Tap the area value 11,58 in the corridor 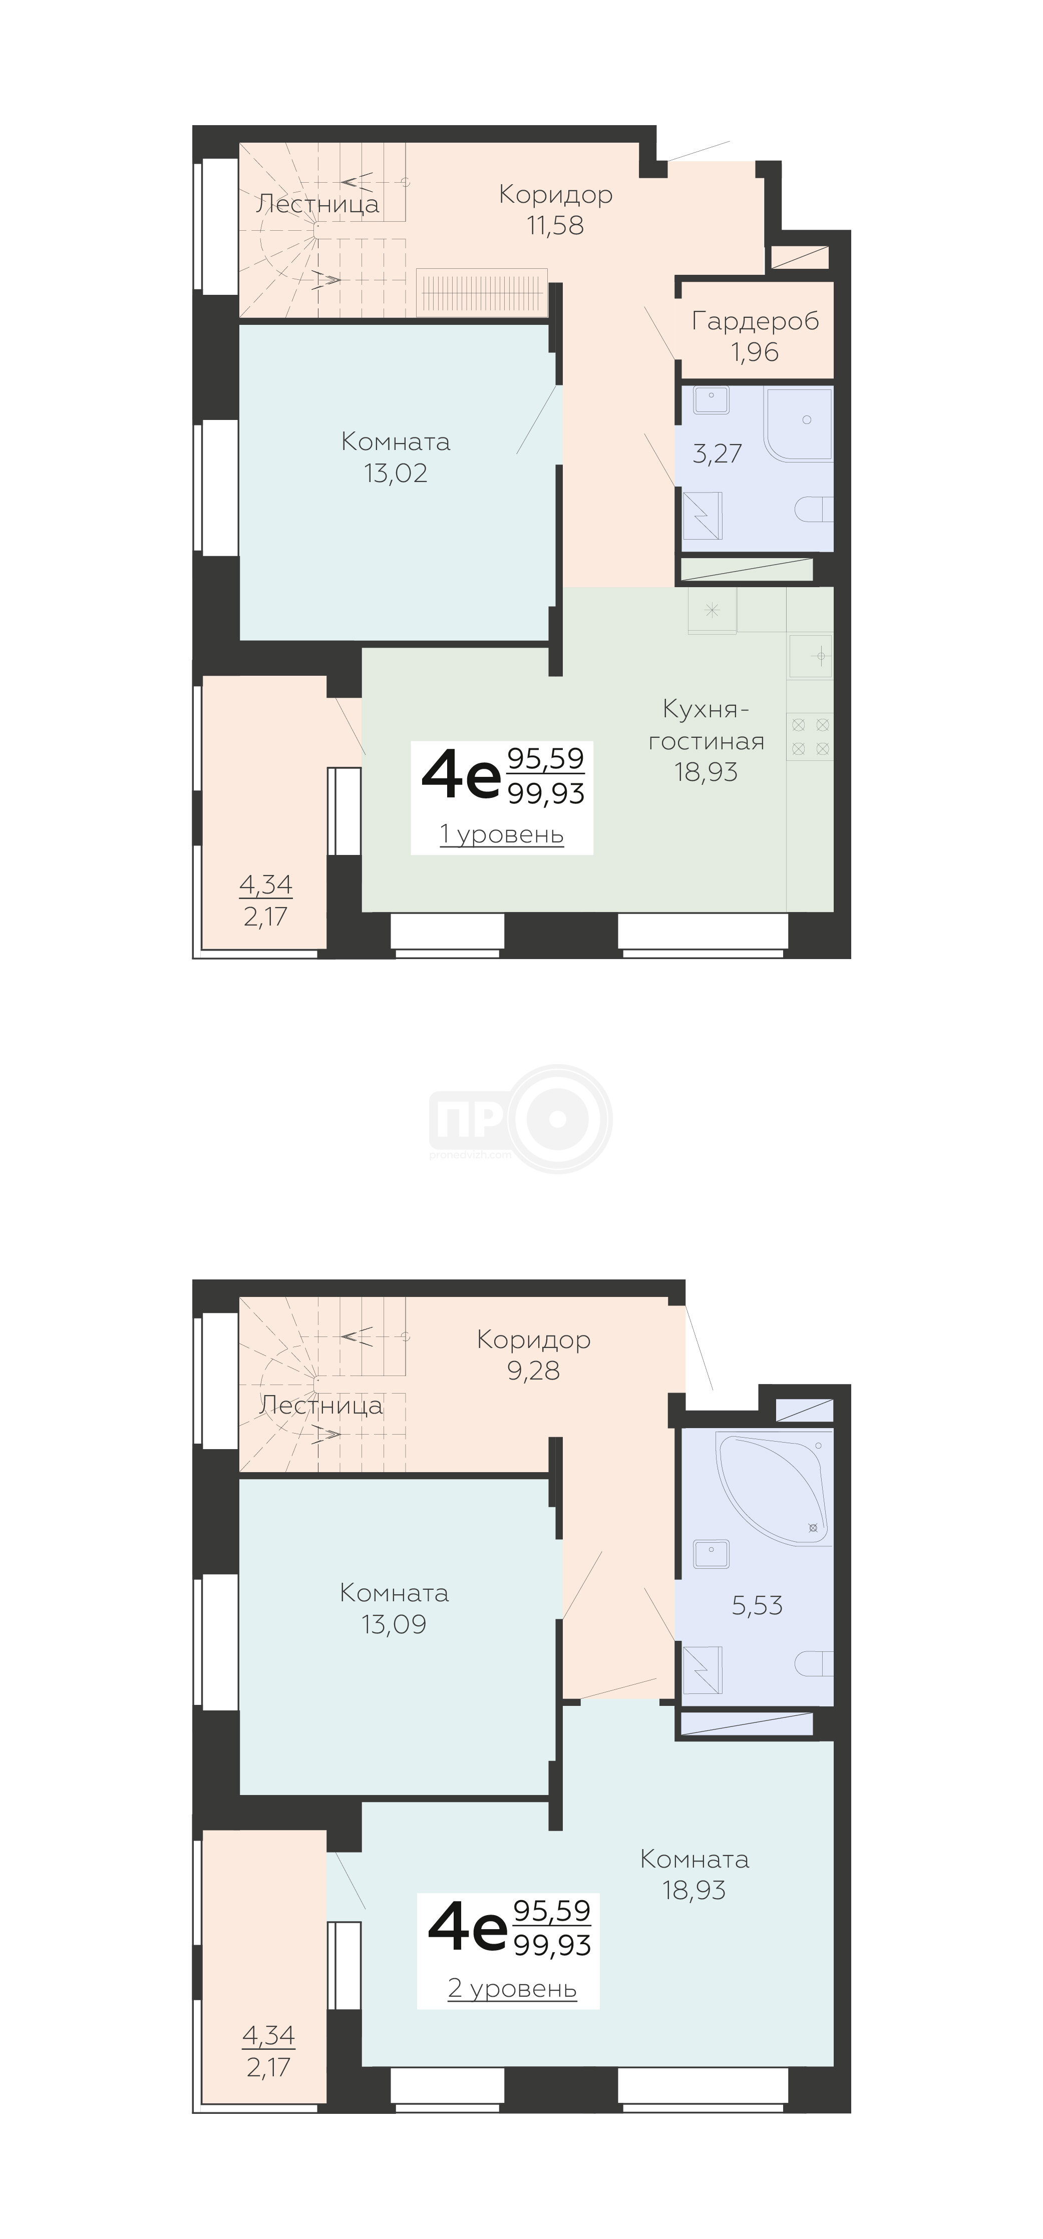point(555,226)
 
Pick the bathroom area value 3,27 point(717,453)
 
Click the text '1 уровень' point(502,834)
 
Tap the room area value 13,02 point(396,474)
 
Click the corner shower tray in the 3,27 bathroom point(798,423)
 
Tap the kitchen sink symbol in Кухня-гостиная point(810,655)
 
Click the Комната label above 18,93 point(694,1859)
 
